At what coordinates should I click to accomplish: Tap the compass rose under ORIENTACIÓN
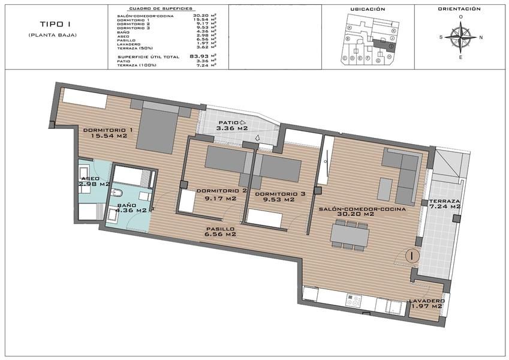pos(460,37)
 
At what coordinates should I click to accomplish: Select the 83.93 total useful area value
pos(197,56)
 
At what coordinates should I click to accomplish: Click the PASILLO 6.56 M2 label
pos(220,231)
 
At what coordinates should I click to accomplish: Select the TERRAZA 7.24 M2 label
pos(444,204)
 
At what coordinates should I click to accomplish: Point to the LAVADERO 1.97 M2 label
pos(426,304)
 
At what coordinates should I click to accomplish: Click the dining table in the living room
pos(348,234)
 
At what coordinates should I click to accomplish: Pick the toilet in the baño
pos(117,194)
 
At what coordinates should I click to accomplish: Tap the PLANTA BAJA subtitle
pos(53,35)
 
